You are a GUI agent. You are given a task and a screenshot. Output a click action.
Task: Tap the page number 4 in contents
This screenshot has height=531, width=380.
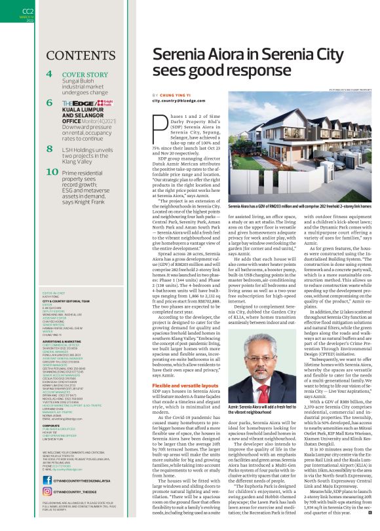click(50, 74)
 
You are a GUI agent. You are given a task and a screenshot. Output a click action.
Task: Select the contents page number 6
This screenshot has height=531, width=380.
click(50, 103)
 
